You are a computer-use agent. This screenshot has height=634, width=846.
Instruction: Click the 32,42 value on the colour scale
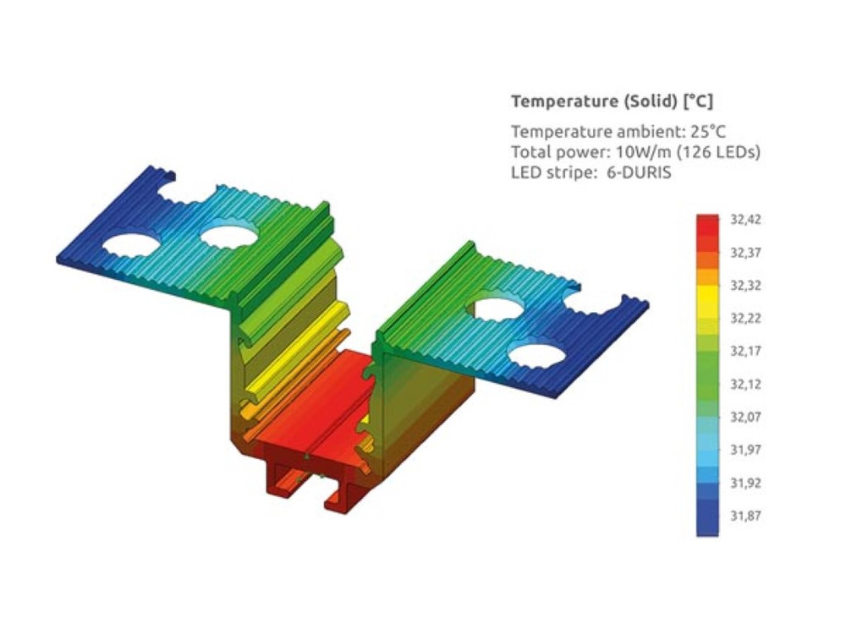click(745, 220)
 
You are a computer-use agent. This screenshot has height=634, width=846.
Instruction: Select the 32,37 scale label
click(745, 252)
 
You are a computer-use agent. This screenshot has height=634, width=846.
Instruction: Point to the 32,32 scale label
click(745, 285)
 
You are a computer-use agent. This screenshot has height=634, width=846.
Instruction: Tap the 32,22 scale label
click(745, 318)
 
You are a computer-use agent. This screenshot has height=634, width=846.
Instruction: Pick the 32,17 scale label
click(745, 351)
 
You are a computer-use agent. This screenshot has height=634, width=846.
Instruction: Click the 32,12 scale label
click(745, 384)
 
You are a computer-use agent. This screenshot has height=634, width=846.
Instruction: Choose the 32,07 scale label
click(745, 417)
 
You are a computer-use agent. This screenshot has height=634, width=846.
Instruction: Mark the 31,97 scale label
click(745, 450)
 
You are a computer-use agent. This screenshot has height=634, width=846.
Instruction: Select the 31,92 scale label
click(745, 483)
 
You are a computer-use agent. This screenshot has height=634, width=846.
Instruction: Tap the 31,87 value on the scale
click(745, 516)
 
